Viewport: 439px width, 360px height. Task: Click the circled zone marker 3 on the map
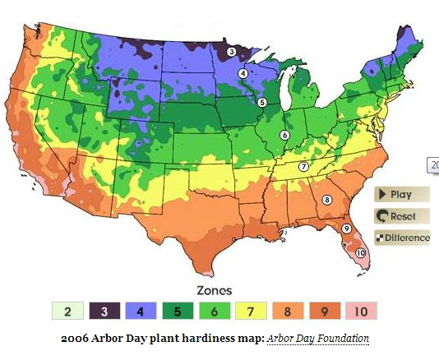click(232, 52)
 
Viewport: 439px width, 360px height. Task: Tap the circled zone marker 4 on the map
click(243, 73)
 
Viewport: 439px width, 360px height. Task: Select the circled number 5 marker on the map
click(262, 103)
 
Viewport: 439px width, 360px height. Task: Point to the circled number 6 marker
click(284, 135)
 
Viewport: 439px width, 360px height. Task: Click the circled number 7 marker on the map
click(303, 166)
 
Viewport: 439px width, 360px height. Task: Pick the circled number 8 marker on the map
click(326, 200)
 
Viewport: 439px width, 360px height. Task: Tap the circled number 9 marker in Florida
click(346, 228)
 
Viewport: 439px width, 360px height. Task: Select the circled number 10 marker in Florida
click(360, 252)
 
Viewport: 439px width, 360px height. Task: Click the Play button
click(402, 195)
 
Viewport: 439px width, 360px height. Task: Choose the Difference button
click(402, 238)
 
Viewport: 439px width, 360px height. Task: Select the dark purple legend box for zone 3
click(105, 312)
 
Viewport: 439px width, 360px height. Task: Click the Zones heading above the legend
click(214, 290)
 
